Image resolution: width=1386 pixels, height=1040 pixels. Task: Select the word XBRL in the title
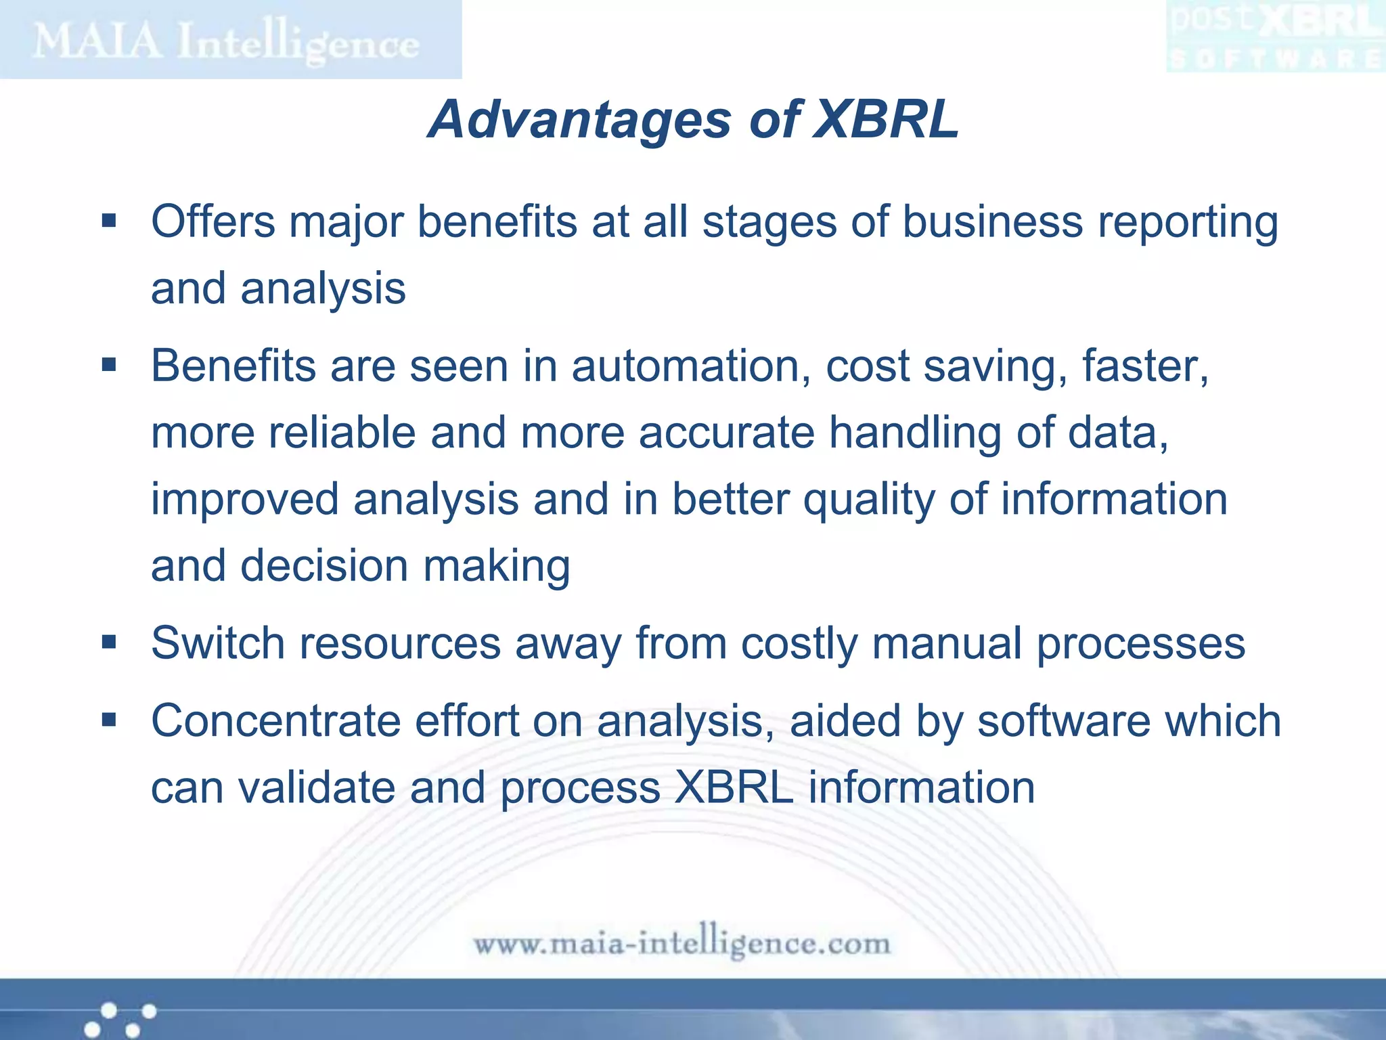tap(885, 120)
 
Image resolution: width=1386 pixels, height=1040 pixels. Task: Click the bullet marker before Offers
tap(109, 221)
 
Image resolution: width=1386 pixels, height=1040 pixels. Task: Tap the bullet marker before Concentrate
tap(109, 720)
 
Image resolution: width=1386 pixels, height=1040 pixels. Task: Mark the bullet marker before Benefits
tap(109, 366)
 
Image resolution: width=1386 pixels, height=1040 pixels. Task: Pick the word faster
tap(1144, 366)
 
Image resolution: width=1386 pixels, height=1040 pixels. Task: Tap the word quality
tap(868, 500)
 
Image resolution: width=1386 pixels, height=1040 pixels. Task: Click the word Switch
tap(217, 643)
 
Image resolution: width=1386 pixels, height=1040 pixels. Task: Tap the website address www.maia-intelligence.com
tap(681, 943)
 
